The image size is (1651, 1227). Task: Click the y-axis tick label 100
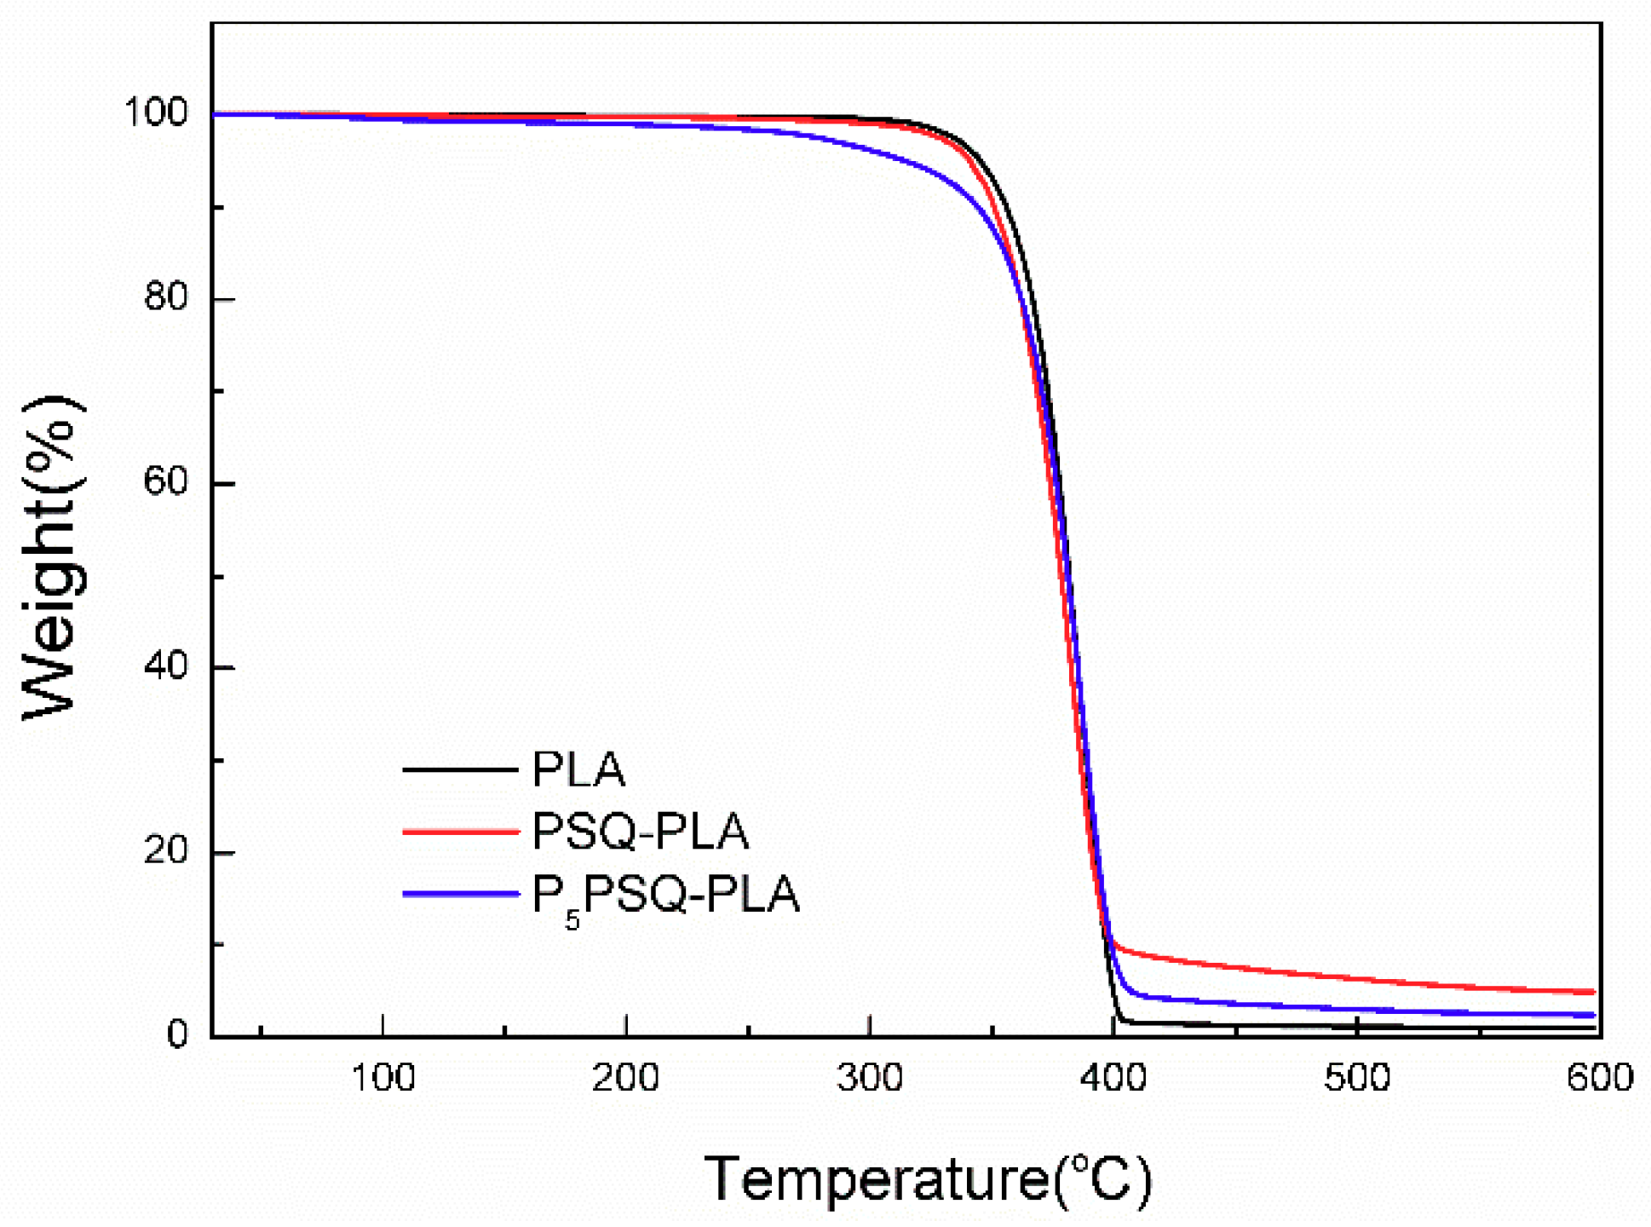[156, 112]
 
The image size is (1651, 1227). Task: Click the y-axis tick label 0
[177, 1034]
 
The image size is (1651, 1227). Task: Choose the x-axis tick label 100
[383, 1079]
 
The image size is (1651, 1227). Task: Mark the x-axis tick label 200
[626, 1079]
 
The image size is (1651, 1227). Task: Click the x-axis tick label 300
[870, 1079]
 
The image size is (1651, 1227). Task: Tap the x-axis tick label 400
[1113, 1079]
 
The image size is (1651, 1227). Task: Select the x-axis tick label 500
[1357, 1079]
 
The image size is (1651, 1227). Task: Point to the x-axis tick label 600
[1600, 1079]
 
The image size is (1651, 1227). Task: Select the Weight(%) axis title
[53, 558]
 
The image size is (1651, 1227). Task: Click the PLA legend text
[578, 769]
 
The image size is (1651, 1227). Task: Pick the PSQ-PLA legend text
[640, 832]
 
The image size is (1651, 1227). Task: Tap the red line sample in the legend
[460, 831]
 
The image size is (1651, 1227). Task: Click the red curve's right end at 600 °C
[1591, 992]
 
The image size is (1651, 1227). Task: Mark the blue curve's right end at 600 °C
[1591, 1015]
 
